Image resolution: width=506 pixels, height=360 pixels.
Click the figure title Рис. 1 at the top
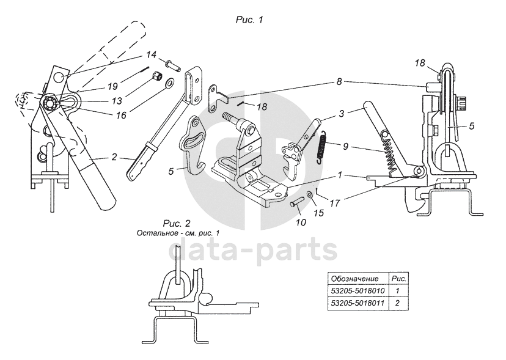click(249, 20)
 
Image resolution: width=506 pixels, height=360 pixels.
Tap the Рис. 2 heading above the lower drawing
click(177, 223)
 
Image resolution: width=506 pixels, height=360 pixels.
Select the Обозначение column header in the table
click(359, 278)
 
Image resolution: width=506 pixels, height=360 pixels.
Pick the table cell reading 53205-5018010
click(359, 291)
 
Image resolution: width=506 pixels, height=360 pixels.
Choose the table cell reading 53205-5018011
click(359, 303)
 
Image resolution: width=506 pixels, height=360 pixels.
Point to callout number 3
click(342, 113)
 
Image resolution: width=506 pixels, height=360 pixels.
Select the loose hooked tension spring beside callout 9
click(322, 147)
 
